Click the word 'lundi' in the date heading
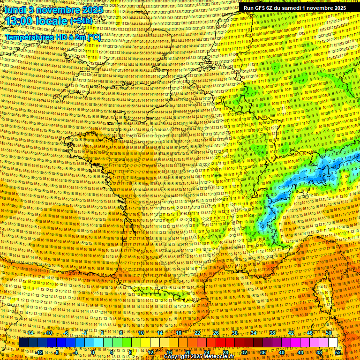pos(15,9)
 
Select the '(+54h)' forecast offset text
pos(81,22)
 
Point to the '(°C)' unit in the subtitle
pos(94,37)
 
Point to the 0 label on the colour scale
pos(92,352)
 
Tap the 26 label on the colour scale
pos(216,333)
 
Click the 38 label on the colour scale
pos(272,333)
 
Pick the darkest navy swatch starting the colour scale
pos(23,343)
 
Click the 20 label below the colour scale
pos(187,352)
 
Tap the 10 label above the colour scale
pos(141,333)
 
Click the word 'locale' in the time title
pos(52,22)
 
